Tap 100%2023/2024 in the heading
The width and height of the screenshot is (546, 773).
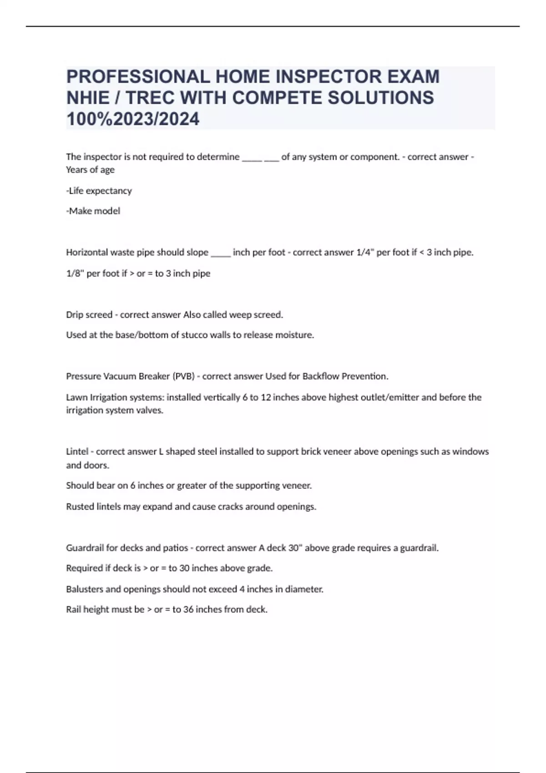pos(133,119)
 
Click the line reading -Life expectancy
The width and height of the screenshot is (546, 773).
pos(99,191)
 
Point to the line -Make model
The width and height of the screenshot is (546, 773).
pos(93,211)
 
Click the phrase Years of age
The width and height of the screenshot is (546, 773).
pos(90,170)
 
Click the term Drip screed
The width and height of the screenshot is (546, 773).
pos(89,315)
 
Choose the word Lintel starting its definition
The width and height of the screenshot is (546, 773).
pos(77,452)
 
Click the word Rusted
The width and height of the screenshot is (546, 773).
pos(80,507)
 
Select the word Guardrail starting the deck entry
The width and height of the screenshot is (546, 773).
pos(85,548)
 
